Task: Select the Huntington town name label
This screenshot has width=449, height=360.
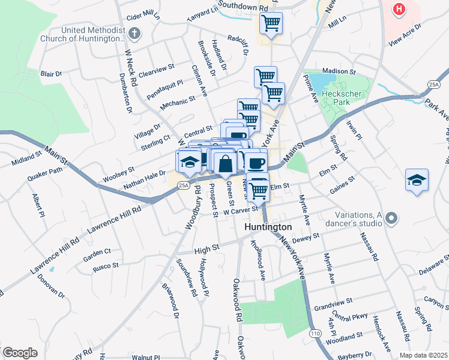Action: pyautogui.click(x=268, y=227)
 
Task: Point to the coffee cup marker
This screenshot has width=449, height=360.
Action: pyautogui.click(x=256, y=162)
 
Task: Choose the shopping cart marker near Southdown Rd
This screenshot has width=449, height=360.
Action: pyautogui.click(x=271, y=23)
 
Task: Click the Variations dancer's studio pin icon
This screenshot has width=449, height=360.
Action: pyautogui.click(x=392, y=218)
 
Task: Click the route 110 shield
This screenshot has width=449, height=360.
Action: pyautogui.click(x=315, y=332)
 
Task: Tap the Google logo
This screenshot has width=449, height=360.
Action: pyautogui.click(x=20, y=353)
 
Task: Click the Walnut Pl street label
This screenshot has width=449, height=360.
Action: pyautogui.click(x=146, y=357)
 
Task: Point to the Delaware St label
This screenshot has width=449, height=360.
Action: pyautogui.click(x=433, y=265)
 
